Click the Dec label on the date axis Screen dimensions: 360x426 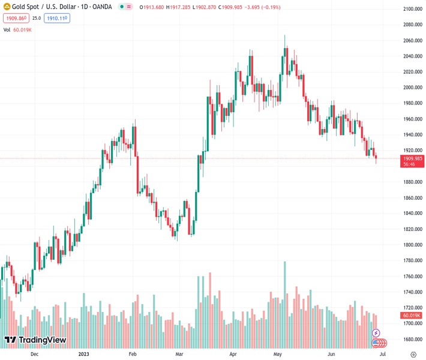[x=34, y=355]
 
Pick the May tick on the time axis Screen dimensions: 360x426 [x=278, y=355]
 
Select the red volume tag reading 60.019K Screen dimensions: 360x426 [x=412, y=315]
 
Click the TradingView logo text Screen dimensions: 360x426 [x=42, y=340]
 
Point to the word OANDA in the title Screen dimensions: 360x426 [x=100, y=7]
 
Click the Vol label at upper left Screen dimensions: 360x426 [x=7, y=29]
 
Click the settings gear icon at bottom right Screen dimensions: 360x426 [x=413, y=355]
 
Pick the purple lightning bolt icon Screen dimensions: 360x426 [x=376, y=332]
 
